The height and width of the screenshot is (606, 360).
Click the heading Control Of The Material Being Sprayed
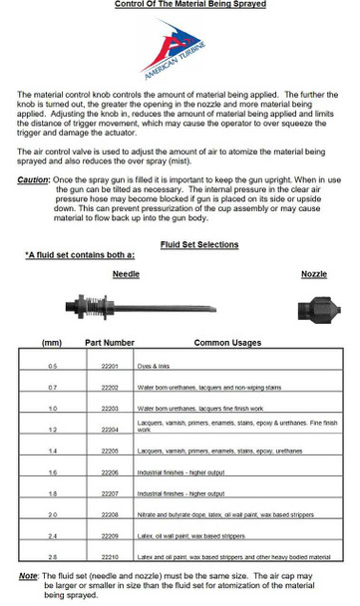pyautogui.click(x=180, y=5)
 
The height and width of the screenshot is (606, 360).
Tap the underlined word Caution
pyautogui.click(x=33, y=180)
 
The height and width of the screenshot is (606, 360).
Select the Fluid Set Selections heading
pyautogui.click(x=199, y=244)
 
